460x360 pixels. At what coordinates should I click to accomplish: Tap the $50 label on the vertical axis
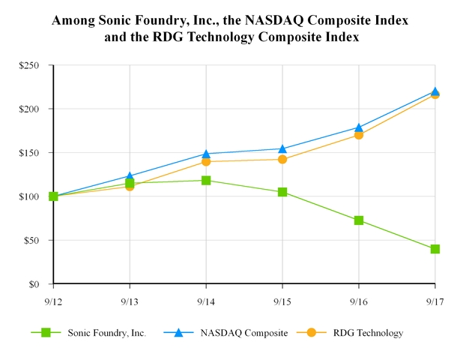tap(30, 241)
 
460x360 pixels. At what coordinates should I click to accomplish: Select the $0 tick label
tap(33, 284)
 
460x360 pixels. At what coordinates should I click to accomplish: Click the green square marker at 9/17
tap(435, 249)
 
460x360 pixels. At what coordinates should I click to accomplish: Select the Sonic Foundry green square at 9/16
tap(359, 220)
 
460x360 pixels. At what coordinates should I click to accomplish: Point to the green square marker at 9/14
tap(206, 180)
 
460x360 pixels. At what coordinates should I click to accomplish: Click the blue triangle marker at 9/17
tap(435, 91)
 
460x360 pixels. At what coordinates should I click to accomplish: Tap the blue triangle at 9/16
tap(359, 127)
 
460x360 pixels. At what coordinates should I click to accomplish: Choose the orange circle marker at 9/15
tap(282, 159)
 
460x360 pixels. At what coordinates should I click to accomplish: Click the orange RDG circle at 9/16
tap(359, 135)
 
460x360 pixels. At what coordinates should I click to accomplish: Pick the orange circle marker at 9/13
tap(130, 186)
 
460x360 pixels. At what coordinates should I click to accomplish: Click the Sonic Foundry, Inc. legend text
tap(102, 333)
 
